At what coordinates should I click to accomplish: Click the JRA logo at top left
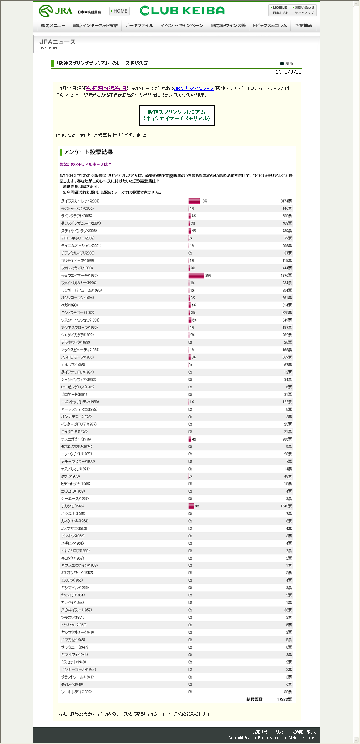[55, 11]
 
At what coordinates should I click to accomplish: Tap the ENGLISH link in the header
[280, 13]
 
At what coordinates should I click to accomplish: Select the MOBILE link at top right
[279, 7]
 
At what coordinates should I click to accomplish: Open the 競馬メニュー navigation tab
[53, 26]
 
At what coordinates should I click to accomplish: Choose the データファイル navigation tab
[139, 26]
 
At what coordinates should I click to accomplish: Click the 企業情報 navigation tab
[303, 26]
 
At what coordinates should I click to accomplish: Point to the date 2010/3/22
[288, 72]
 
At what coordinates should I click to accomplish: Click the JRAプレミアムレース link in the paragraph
[194, 89]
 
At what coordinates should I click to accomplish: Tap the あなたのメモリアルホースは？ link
[85, 165]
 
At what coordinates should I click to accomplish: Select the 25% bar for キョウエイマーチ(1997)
[196, 276]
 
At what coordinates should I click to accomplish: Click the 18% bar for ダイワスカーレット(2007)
[194, 201]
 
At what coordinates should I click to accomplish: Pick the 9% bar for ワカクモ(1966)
[191, 506]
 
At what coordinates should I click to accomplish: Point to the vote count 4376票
[286, 276]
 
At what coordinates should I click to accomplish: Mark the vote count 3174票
[286, 201]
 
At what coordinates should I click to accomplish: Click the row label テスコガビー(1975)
[76, 439]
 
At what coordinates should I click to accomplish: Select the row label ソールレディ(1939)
[76, 692]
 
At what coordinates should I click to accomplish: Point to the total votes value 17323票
[284, 700]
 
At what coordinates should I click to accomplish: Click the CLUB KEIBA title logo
[182, 11]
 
